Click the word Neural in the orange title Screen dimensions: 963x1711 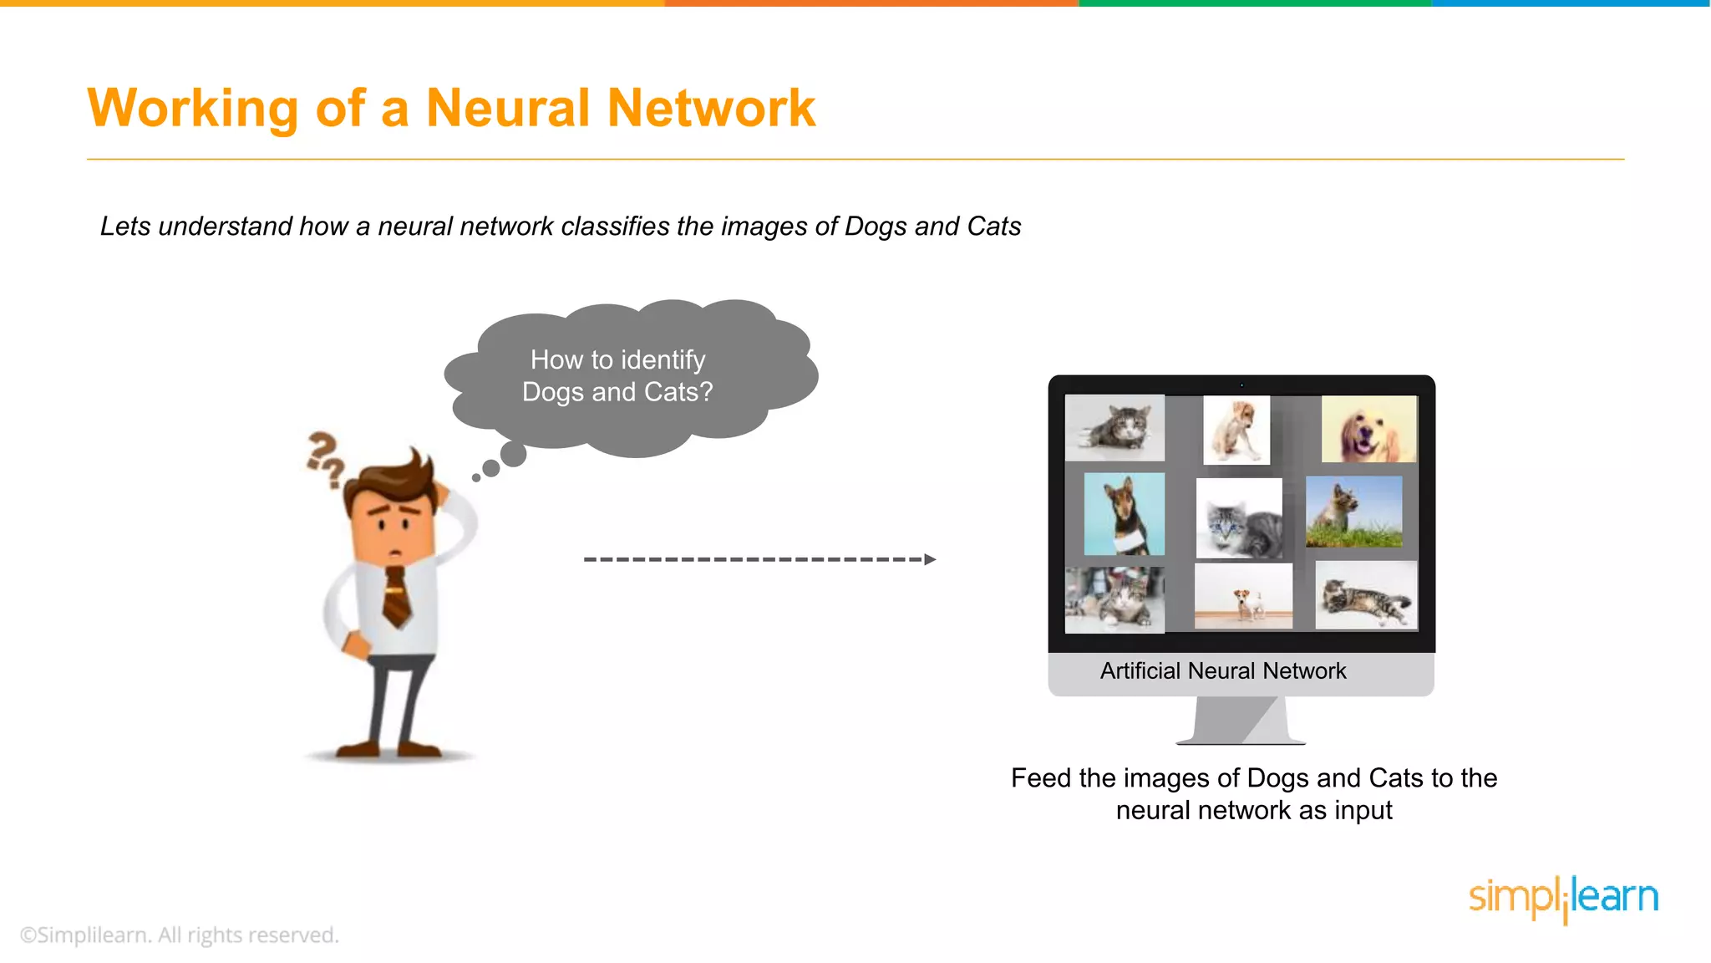pos(508,109)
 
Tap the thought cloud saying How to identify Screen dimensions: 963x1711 pos(618,376)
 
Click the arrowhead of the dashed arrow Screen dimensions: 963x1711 pos(930,559)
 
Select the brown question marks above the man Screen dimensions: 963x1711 pos(324,457)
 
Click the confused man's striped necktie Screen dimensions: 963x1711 pos(396,595)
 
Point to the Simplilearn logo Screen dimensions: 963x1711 pos(1562,899)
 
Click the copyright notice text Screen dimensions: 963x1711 pos(180,935)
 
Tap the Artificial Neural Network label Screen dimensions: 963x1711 pos(1222,671)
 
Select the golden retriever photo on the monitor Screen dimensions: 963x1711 pos(1368,430)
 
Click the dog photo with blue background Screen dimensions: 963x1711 pos(1124,514)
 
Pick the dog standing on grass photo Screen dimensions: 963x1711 pos(1353,512)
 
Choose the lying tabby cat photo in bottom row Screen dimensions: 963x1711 pos(1365,595)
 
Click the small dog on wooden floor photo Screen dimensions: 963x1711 pos(1243,596)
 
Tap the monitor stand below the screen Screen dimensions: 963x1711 pos(1241,720)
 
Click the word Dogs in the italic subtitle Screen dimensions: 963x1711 pos(876,227)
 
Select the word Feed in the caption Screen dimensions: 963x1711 pos(1040,778)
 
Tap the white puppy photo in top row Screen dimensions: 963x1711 pos(1236,430)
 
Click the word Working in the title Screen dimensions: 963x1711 pos(192,109)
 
